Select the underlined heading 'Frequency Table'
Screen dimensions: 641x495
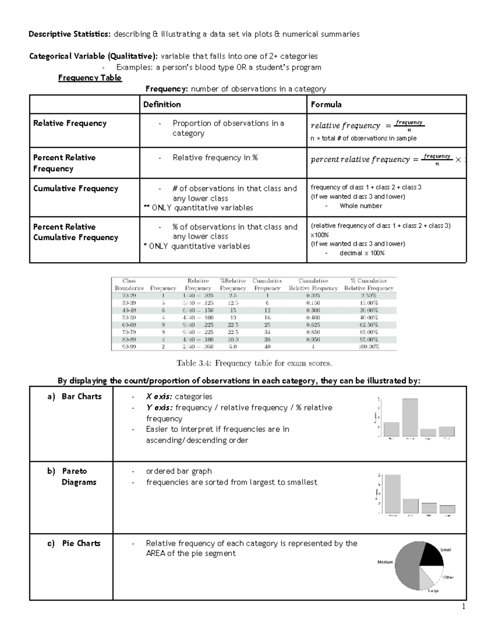coord(90,78)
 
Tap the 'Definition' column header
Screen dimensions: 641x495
coord(162,104)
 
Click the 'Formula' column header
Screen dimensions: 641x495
coord(326,104)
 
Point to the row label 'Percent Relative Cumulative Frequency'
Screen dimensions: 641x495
coord(75,232)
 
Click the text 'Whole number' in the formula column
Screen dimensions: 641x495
coord(361,206)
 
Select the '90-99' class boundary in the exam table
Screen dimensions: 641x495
coord(129,347)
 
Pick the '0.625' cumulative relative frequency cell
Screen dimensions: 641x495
coord(313,325)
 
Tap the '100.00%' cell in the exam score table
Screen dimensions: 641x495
coord(368,347)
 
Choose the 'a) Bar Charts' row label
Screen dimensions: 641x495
coord(74,397)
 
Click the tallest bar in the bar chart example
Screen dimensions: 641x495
coord(410,417)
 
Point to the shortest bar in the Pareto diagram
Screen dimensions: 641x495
coord(447,509)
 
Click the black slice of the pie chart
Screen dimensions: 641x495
coord(431,554)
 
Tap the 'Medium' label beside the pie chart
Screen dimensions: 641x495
coord(385,562)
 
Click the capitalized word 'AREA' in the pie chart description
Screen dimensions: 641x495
coord(156,553)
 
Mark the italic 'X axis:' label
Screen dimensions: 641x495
coord(159,397)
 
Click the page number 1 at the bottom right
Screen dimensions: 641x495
coord(464,606)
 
